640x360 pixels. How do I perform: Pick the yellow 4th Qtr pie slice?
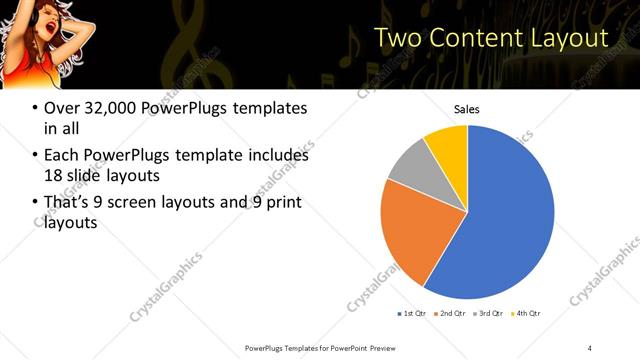pos(447,145)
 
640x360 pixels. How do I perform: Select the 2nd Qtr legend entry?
pos(452,313)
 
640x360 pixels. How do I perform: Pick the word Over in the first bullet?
pos(62,108)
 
